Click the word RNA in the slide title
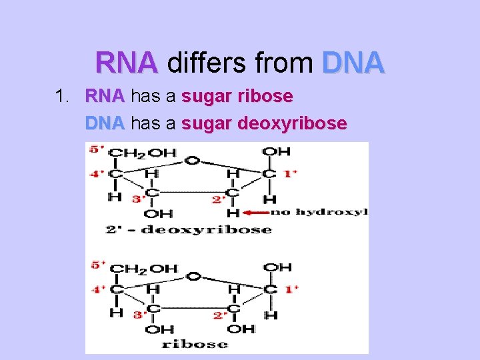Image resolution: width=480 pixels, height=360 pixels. tap(127, 63)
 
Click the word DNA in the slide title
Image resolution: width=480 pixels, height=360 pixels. tap(353, 63)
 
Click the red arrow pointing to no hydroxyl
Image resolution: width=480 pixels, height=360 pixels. tap(254, 213)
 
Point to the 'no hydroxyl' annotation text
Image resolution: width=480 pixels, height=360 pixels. tap(318, 213)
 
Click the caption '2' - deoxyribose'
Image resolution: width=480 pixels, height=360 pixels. tap(188, 229)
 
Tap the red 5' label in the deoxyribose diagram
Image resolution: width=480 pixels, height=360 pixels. tap(97, 149)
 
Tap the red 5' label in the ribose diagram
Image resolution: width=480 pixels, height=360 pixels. tap(97, 265)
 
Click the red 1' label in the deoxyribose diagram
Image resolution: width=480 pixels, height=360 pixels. tap(290, 174)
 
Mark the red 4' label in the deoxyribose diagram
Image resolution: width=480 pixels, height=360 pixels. tap(97, 175)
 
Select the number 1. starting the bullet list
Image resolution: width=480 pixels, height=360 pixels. tap(63, 97)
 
